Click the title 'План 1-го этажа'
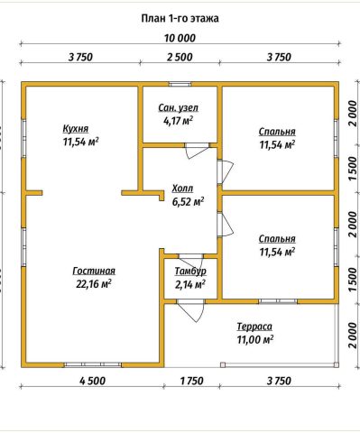click(x=180, y=19)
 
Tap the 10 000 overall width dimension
click(x=180, y=38)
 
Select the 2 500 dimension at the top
click(x=180, y=57)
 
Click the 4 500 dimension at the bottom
click(x=93, y=381)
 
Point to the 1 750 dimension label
click(x=191, y=381)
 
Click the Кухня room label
click(x=76, y=129)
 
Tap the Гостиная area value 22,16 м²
click(x=94, y=284)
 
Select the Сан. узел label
click(x=179, y=107)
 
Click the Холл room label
click(x=182, y=189)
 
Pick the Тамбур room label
click(x=190, y=271)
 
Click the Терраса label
click(x=254, y=327)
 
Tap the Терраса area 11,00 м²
click(x=255, y=340)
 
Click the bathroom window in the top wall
click(x=180, y=84)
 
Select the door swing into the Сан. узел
click(x=197, y=151)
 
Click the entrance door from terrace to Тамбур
click(x=190, y=310)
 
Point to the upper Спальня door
click(x=225, y=171)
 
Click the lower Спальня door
click(x=225, y=225)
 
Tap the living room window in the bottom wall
click(x=93, y=364)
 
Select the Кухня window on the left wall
click(x=23, y=139)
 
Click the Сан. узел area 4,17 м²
click(x=179, y=121)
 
